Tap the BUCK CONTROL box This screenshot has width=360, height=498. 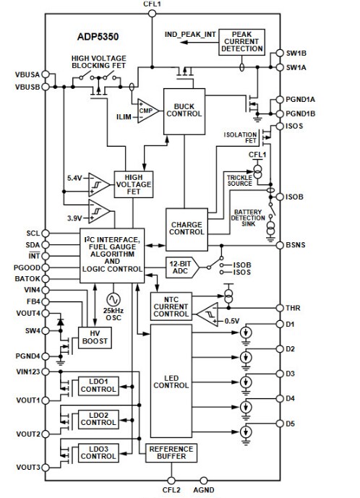[x=184, y=110]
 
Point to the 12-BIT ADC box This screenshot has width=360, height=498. [x=181, y=265]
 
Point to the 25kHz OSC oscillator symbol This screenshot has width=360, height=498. [x=113, y=299]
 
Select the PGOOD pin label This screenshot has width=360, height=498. [x=26, y=267]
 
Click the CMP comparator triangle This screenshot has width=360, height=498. [x=147, y=110]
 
